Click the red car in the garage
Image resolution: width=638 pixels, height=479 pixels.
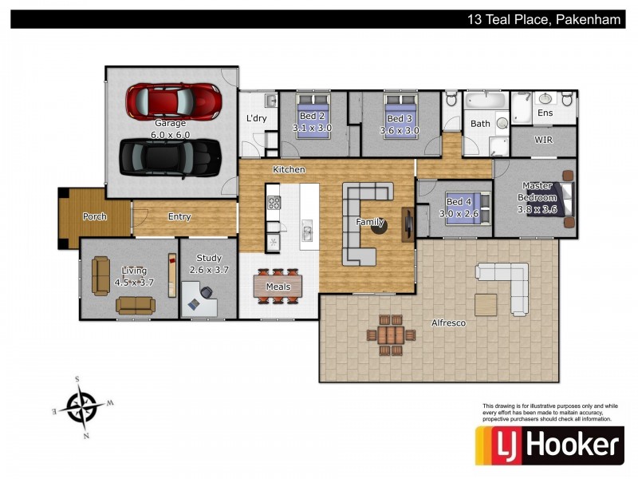click(173, 101)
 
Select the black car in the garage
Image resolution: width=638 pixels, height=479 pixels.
click(170, 158)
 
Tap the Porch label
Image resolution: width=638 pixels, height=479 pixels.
click(95, 216)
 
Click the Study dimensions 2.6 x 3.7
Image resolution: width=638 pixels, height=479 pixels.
click(209, 270)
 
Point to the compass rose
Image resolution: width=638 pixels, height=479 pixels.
click(83, 407)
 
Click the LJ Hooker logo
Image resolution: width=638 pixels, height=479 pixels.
click(549, 445)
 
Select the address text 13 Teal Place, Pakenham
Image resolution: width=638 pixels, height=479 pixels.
click(544, 19)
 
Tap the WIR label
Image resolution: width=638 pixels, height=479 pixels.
click(544, 140)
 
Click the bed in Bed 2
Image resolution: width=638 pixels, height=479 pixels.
click(312, 116)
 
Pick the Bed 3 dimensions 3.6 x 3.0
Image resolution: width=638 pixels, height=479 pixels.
click(400, 130)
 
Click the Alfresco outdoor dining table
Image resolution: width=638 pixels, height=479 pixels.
click(391, 335)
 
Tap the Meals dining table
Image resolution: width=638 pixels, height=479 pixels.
click(278, 287)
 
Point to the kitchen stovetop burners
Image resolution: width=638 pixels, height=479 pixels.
click(274, 203)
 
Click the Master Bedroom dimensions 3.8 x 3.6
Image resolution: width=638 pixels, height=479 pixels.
click(537, 209)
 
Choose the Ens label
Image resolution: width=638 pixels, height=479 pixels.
click(545, 113)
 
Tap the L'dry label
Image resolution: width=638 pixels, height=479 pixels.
click(257, 118)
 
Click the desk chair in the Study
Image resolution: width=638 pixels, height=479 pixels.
click(207, 292)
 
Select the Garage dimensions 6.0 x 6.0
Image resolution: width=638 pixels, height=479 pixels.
click(171, 134)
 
